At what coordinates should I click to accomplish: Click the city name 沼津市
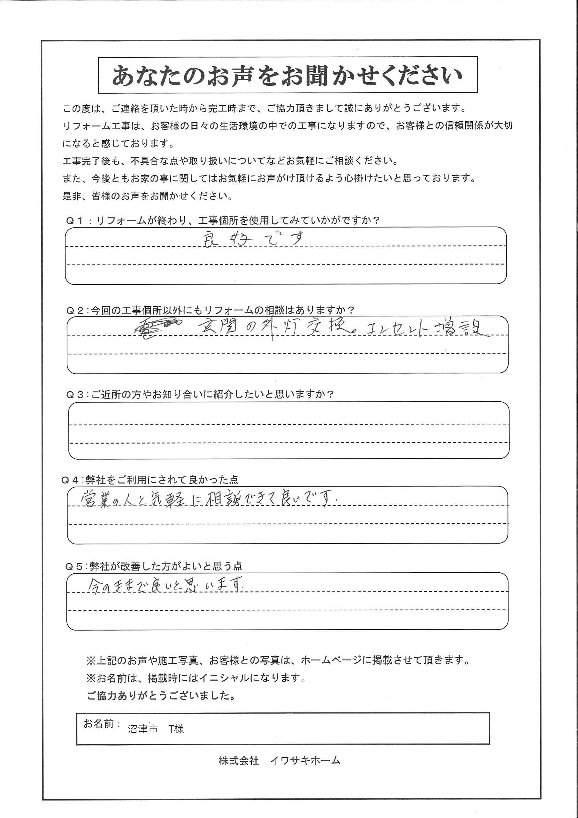(x=143, y=729)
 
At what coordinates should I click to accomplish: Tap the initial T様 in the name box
(x=176, y=729)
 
